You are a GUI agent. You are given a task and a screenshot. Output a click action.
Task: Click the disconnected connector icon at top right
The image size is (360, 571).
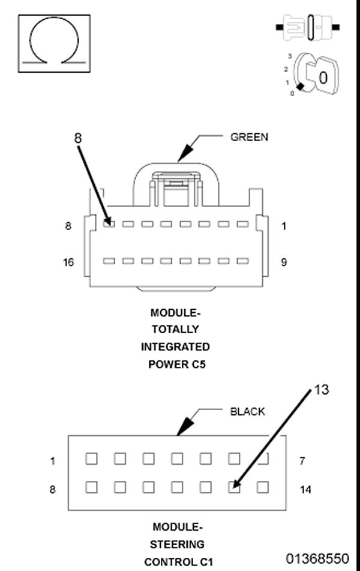(x=308, y=28)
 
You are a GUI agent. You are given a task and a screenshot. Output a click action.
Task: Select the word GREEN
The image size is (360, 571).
(x=249, y=137)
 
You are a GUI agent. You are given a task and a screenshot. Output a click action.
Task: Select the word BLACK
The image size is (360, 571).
(x=247, y=412)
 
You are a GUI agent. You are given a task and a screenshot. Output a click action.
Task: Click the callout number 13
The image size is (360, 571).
(x=322, y=390)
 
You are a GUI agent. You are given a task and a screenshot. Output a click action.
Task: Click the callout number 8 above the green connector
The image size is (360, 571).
(x=78, y=137)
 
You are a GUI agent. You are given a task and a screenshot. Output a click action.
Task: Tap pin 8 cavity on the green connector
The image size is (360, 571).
(x=109, y=224)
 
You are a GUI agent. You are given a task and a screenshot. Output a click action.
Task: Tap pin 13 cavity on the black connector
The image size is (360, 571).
(x=234, y=487)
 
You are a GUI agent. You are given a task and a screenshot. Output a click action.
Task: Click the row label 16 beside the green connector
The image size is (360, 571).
(x=68, y=262)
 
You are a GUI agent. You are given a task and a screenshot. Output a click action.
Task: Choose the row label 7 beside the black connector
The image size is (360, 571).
(x=302, y=461)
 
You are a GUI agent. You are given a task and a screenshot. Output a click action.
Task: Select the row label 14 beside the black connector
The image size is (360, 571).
(x=305, y=489)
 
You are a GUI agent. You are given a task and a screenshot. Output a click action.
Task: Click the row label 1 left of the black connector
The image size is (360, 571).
(x=53, y=461)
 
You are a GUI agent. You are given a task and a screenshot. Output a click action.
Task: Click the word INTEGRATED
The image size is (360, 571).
(x=175, y=346)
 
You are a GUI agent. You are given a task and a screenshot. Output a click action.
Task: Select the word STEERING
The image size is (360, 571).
(x=178, y=545)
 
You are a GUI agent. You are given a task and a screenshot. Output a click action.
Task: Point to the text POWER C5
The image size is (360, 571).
(x=177, y=364)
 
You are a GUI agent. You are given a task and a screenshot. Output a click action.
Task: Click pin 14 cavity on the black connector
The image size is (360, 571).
(x=262, y=487)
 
